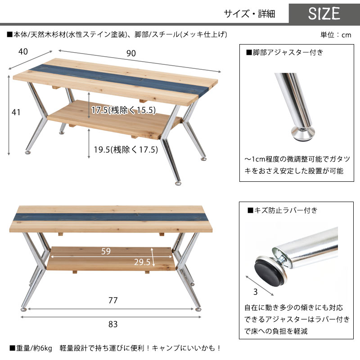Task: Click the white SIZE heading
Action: tap(324, 13)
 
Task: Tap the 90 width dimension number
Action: tap(131, 53)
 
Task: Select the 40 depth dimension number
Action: tap(23, 51)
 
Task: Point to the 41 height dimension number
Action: tap(16, 112)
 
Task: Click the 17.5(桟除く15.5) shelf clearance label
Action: tap(123, 110)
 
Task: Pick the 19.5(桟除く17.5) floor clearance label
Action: tap(126, 150)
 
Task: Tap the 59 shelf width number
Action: tap(106, 251)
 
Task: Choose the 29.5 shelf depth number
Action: tap(142, 262)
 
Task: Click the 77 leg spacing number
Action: tap(113, 300)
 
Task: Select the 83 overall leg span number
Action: tap(113, 324)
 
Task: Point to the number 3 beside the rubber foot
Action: tap(255, 292)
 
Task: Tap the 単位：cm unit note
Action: tap(336, 35)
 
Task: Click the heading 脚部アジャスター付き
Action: tap(285, 53)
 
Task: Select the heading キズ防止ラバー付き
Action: tap(283, 210)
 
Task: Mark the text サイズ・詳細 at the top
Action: tap(250, 14)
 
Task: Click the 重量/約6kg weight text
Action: tap(31, 348)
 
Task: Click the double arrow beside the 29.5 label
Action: tap(152, 257)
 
